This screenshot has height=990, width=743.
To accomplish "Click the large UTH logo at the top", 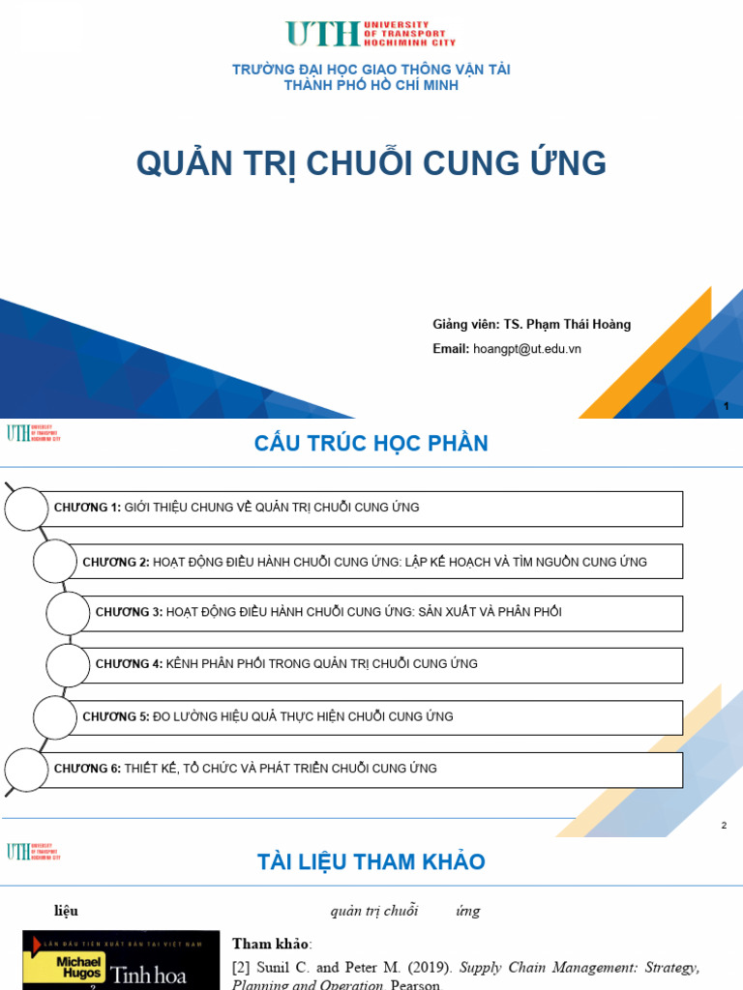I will point(371,34).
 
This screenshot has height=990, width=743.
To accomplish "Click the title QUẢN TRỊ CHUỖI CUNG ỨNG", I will point(371,164).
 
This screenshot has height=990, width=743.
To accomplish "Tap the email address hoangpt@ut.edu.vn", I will point(527,349).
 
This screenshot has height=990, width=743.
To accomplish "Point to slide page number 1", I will point(727,407).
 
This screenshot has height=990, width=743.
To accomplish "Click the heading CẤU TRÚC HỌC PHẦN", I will point(371,444).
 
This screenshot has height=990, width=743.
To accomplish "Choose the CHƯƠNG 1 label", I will point(87,508).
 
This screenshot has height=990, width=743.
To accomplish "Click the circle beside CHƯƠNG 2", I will point(55,562).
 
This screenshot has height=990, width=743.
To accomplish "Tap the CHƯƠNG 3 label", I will point(129,612).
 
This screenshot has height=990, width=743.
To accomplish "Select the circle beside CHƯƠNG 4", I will point(69,664).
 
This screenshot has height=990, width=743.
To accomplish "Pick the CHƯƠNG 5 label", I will point(115,716).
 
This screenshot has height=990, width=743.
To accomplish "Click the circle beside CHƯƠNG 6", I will point(26,769).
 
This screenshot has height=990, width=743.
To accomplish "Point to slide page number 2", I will point(724,825).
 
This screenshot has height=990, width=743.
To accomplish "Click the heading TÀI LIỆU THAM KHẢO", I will point(371,862).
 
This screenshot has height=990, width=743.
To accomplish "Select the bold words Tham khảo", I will point(272,944).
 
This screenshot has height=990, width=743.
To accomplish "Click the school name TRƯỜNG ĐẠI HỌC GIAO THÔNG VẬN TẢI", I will point(371,70).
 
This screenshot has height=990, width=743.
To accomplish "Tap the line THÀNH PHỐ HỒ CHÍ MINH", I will point(371,85).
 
